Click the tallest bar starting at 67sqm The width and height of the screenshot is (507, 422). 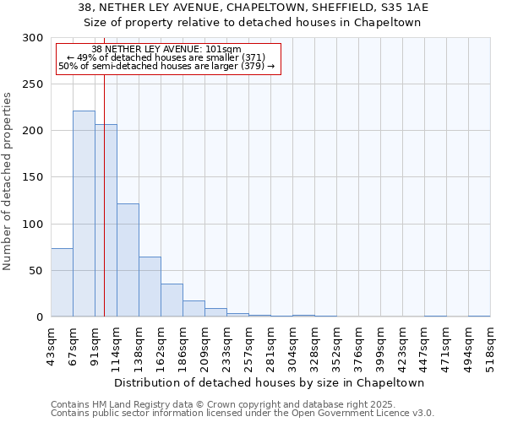84,214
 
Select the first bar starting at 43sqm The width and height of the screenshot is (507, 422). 62,283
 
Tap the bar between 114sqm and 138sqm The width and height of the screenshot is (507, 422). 128,260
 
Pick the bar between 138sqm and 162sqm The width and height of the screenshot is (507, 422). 150,287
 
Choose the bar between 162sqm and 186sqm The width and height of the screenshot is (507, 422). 172,300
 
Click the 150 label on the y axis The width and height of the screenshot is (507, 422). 34,177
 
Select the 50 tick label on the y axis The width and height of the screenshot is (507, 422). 37,271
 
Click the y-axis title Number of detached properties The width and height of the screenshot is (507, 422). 8,181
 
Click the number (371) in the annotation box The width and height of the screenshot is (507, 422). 252,57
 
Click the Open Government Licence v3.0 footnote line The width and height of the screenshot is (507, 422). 242,413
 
